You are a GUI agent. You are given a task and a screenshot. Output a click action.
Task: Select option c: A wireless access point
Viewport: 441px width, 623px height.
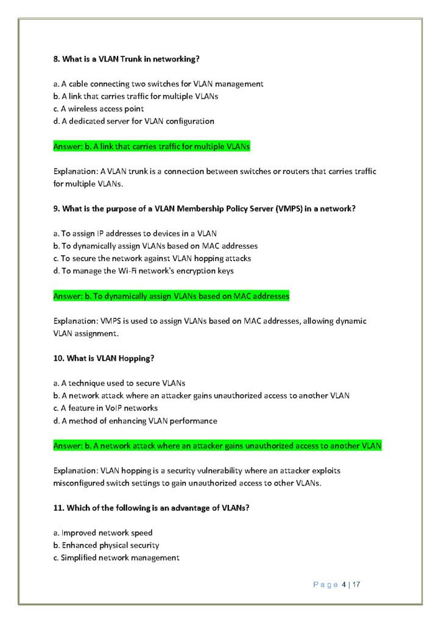(99, 109)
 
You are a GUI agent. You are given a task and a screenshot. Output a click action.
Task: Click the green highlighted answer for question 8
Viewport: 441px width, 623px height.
(152, 147)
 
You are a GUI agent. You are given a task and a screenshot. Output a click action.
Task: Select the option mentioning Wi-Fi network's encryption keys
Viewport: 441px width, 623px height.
(143, 271)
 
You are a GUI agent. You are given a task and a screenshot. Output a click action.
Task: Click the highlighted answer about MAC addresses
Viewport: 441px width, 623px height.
(171, 296)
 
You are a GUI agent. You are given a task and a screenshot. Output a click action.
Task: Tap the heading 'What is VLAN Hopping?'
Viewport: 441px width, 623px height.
(103, 358)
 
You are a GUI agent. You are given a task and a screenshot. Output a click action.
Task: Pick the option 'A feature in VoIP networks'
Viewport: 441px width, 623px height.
(105, 408)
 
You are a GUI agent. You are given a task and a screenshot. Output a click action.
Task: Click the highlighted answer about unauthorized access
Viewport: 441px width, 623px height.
(217, 446)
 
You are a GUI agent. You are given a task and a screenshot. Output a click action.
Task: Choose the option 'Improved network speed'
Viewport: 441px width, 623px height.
(103, 533)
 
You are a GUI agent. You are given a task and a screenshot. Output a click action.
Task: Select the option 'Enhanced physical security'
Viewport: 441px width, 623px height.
(107, 545)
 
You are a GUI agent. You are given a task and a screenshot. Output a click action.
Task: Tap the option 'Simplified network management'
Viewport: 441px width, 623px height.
(116, 557)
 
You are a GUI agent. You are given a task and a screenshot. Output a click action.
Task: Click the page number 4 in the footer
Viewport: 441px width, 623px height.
(344, 585)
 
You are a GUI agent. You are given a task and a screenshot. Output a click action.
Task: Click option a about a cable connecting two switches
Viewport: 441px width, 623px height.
(158, 84)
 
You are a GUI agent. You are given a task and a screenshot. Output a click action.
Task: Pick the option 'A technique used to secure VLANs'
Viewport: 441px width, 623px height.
(119, 383)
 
